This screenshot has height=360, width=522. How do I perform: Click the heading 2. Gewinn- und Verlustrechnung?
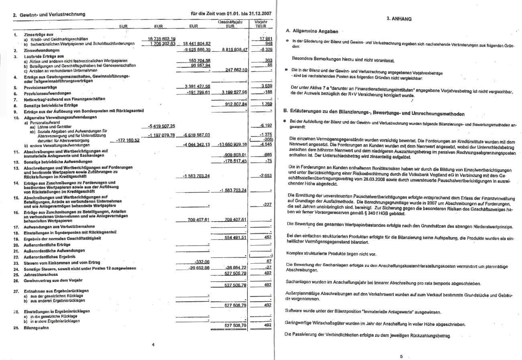(49, 14)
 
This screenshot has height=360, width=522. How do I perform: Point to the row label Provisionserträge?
(41, 87)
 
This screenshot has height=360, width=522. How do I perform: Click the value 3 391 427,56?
(197, 86)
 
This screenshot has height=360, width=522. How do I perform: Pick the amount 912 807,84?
(236, 104)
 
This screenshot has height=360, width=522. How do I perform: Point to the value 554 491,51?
(235, 238)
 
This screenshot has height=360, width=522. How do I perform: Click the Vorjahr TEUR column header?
(261, 24)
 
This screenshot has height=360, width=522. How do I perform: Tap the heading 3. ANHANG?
(399, 18)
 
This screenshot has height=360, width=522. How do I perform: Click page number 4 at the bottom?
(153, 344)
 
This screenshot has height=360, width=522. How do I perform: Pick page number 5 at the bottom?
(401, 356)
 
